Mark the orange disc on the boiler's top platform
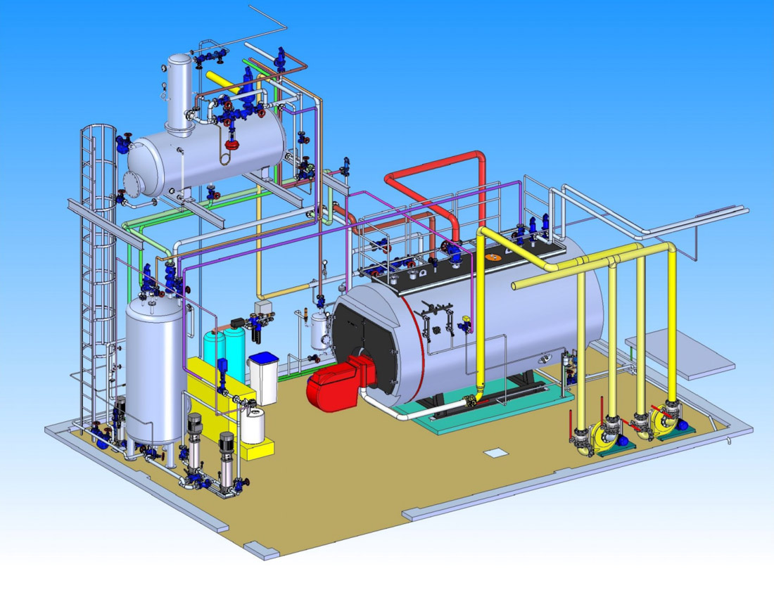[x=495, y=257]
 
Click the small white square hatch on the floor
[x=495, y=453]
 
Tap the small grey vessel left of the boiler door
[x=321, y=331]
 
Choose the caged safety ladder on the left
[x=96, y=281]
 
